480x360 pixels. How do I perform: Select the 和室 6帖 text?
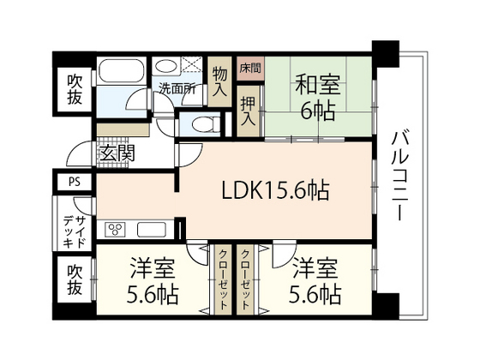pyautogui.click(x=318, y=96)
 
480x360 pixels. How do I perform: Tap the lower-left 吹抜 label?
pyautogui.click(x=75, y=279)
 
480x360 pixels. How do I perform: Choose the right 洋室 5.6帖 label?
pyautogui.click(x=317, y=280)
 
